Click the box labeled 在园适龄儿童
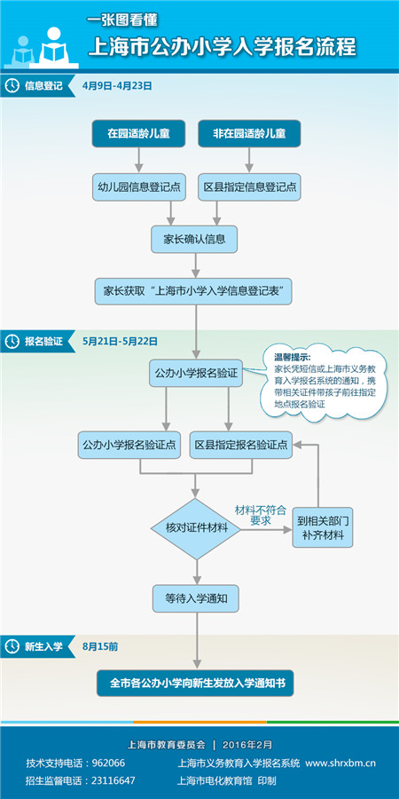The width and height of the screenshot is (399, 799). tap(138, 133)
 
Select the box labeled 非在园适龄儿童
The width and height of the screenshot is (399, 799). tap(249, 133)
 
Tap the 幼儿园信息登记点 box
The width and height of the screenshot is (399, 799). tap(138, 186)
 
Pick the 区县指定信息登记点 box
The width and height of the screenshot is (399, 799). tap(249, 186)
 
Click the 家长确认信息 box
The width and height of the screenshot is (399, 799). tap(194, 239)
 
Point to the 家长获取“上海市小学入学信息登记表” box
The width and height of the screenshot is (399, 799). tap(194, 290)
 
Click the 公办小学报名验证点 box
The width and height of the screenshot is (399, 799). tap(129, 444)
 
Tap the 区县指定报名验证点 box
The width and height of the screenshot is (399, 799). tap(242, 444)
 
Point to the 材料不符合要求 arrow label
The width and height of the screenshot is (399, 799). tap(260, 515)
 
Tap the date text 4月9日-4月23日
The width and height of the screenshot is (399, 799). tap(117, 86)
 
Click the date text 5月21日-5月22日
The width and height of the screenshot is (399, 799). tap(120, 341)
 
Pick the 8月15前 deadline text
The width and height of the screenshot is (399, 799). tap(99, 647)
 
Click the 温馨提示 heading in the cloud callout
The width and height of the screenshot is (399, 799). tap(293, 357)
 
